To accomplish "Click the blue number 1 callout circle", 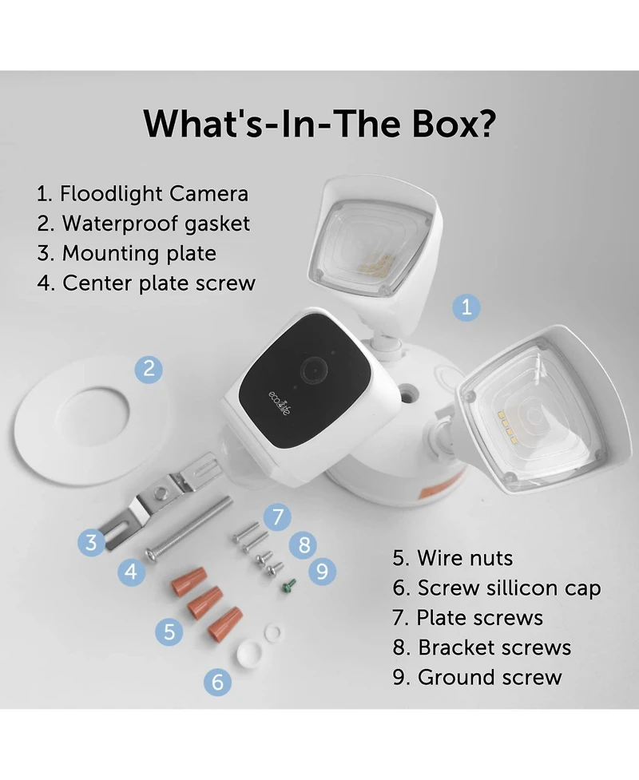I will coord(466,307).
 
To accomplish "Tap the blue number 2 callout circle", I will coord(149,369).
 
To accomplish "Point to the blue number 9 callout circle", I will coord(322,571).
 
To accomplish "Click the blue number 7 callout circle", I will coord(277,517).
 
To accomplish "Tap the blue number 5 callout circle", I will coord(169,632).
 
